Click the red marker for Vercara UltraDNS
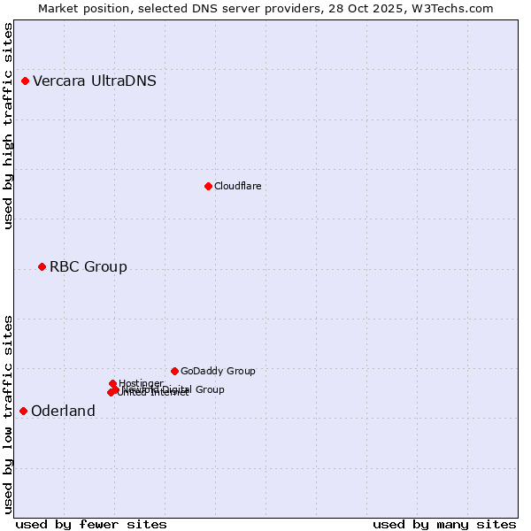[25, 81]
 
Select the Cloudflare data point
[208, 186]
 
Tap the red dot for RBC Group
[42, 266]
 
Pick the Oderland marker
[23, 411]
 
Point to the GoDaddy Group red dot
[174, 371]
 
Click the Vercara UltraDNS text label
[95, 81]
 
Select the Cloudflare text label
[237, 186]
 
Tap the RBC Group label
[88, 266]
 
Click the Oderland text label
[63, 411]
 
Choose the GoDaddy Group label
[218, 371]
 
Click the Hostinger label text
[141, 383]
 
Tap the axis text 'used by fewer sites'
[91, 524]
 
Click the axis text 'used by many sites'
[444, 524]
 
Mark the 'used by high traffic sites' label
[8, 127]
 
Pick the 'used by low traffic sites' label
[8, 413]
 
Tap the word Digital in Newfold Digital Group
[176, 389]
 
